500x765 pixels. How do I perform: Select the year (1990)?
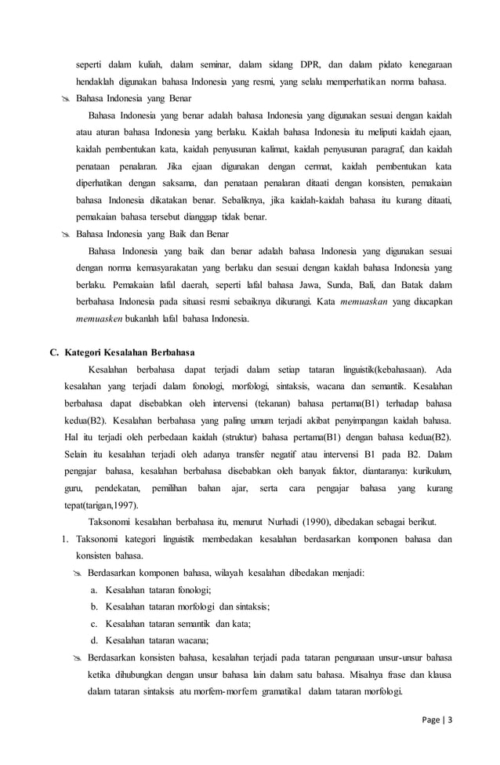coord(305,522)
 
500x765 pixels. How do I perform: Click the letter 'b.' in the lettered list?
coord(94,607)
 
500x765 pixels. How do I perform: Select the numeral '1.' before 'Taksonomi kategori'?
coord(67,539)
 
